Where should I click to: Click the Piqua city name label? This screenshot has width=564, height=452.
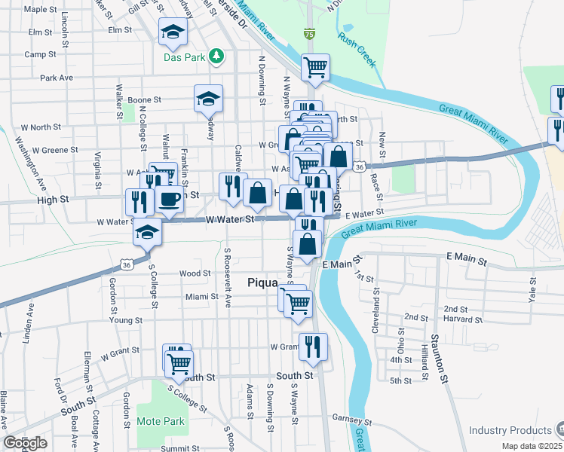pos(265,282)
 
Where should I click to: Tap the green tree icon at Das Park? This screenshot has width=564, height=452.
pos(217,56)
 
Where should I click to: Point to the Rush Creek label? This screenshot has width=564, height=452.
pos(357,50)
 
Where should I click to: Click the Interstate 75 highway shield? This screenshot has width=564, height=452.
pos(309,34)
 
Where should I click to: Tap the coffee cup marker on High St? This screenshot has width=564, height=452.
pos(169,200)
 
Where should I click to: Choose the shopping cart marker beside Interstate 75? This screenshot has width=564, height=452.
pos(315,68)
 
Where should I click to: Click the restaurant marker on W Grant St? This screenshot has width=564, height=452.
pos(313,347)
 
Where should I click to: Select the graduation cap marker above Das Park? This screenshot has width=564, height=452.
pos(172,32)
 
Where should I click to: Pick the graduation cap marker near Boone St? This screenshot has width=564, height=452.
pos(208,98)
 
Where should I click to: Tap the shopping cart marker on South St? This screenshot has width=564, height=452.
pos(179,364)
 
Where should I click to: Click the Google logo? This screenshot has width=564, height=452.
pos(25,443)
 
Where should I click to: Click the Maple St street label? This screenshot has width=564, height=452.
pos(41,11)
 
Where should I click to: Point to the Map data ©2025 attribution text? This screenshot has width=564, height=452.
pos(532,446)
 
